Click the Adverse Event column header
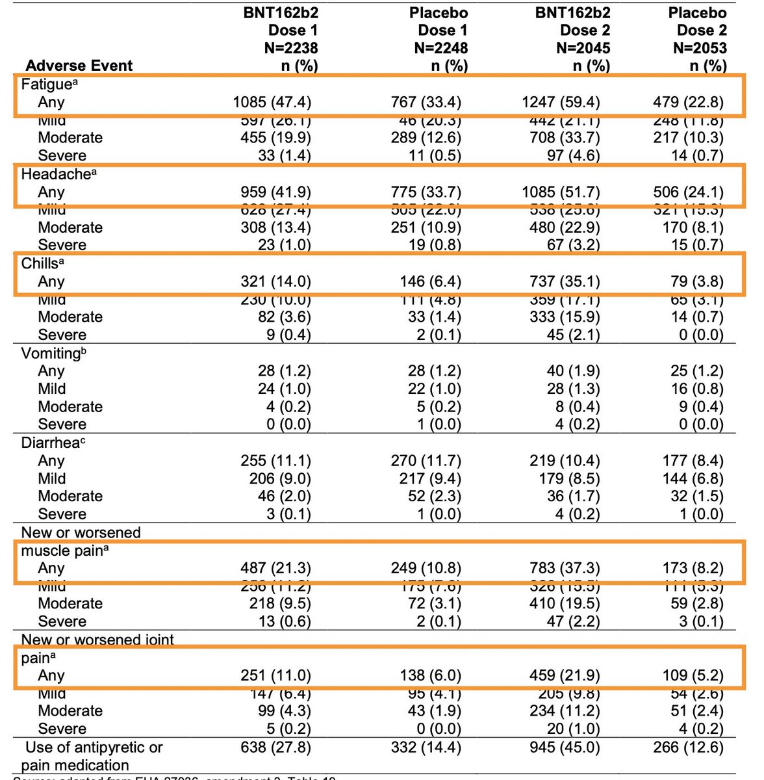pyautogui.click(x=79, y=66)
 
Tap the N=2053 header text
pyautogui.click(x=700, y=48)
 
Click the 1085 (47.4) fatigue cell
pyautogui.click(x=272, y=102)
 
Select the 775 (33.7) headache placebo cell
pyautogui.click(x=427, y=192)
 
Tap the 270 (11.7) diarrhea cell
pyautogui.click(x=426, y=461)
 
